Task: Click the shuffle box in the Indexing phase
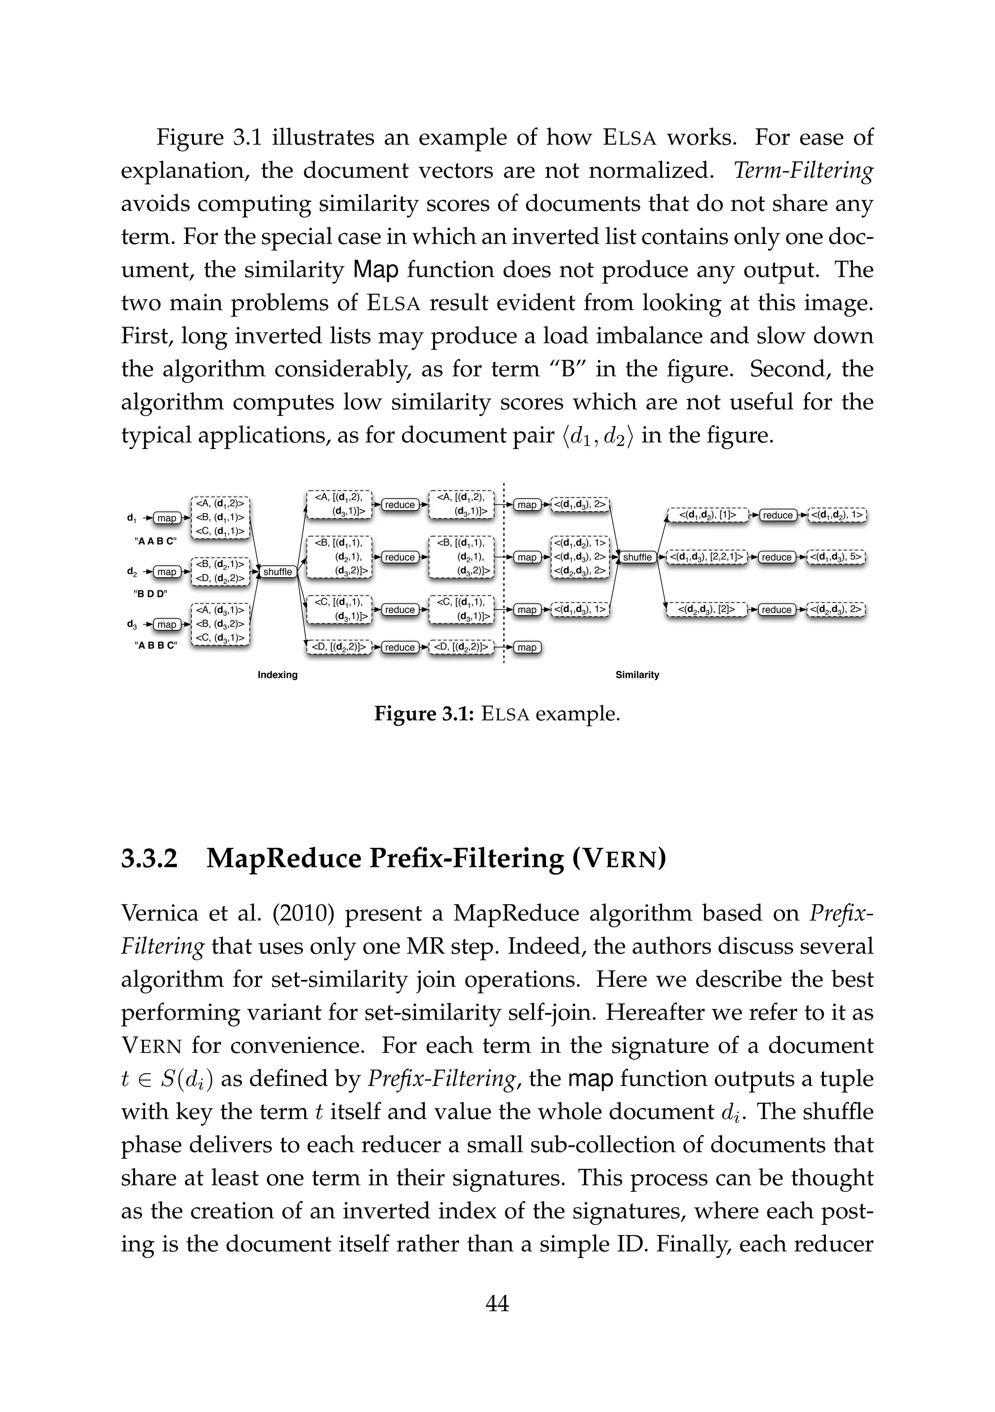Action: (x=277, y=571)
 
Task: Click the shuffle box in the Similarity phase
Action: (x=636, y=557)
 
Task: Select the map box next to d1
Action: (x=166, y=518)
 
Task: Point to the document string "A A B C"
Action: (x=155, y=541)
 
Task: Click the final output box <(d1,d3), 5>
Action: (x=836, y=557)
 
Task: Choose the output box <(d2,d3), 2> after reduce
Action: (x=836, y=609)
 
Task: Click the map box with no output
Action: (x=527, y=647)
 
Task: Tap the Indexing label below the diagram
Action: (x=277, y=674)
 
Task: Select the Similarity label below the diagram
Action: (x=637, y=674)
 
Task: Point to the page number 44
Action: (x=497, y=1303)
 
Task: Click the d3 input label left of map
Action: (x=132, y=624)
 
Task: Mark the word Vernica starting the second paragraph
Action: (x=160, y=913)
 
